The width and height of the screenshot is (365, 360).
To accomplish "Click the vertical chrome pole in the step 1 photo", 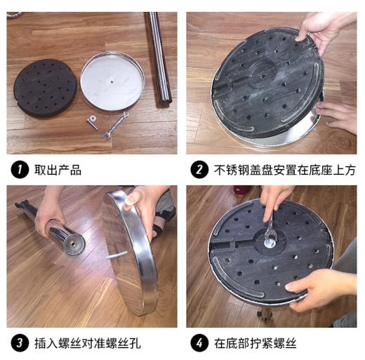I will [x=159, y=56].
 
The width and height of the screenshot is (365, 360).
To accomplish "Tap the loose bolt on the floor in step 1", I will [x=92, y=122].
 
